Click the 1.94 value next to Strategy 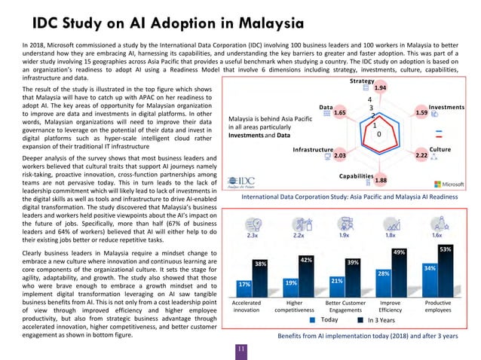click(x=380, y=89)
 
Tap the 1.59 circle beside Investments click(x=421, y=113)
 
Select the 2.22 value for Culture click(x=421, y=154)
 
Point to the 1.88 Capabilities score click(x=380, y=181)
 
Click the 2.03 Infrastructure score click(x=339, y=154)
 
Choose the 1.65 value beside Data click(x=339, y=113)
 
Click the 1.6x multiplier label click(x=437, y=234)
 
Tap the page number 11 click(x=240, y=349)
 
